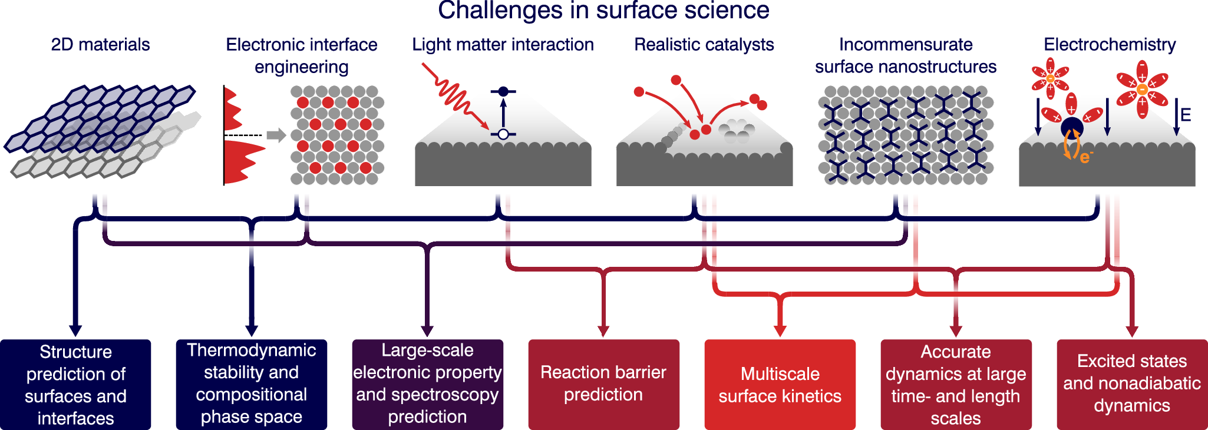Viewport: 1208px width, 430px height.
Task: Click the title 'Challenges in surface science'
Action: click(603, 11)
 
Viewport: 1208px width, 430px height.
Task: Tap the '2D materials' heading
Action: click(100, 45)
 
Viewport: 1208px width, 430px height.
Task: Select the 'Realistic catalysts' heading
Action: click(704, 45)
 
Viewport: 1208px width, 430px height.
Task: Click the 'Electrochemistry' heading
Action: click(1109, 45)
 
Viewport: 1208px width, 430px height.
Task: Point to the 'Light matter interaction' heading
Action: click(503, 45)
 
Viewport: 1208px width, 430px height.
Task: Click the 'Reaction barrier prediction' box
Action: click(603, 384)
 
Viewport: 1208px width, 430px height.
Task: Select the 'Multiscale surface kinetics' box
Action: click(780, 384)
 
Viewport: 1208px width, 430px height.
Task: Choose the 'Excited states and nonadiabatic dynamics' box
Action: click(1131, 384)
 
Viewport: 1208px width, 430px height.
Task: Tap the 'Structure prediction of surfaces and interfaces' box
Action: click(75, 384)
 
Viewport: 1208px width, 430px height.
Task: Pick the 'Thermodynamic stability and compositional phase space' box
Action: click(251, 384)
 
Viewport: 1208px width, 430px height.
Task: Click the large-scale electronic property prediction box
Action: click(427, 384)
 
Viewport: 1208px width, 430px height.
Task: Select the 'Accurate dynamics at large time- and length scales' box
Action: click(956, 384)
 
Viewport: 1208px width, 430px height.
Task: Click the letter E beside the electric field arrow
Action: click(1186, 115)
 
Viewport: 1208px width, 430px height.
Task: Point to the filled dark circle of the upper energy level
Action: click(503, 91)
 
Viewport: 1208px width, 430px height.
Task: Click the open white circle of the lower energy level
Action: click(503, 134)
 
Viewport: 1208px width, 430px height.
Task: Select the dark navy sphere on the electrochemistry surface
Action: click(1072, 128)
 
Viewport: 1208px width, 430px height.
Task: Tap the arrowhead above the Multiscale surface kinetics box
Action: click(780, 330)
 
